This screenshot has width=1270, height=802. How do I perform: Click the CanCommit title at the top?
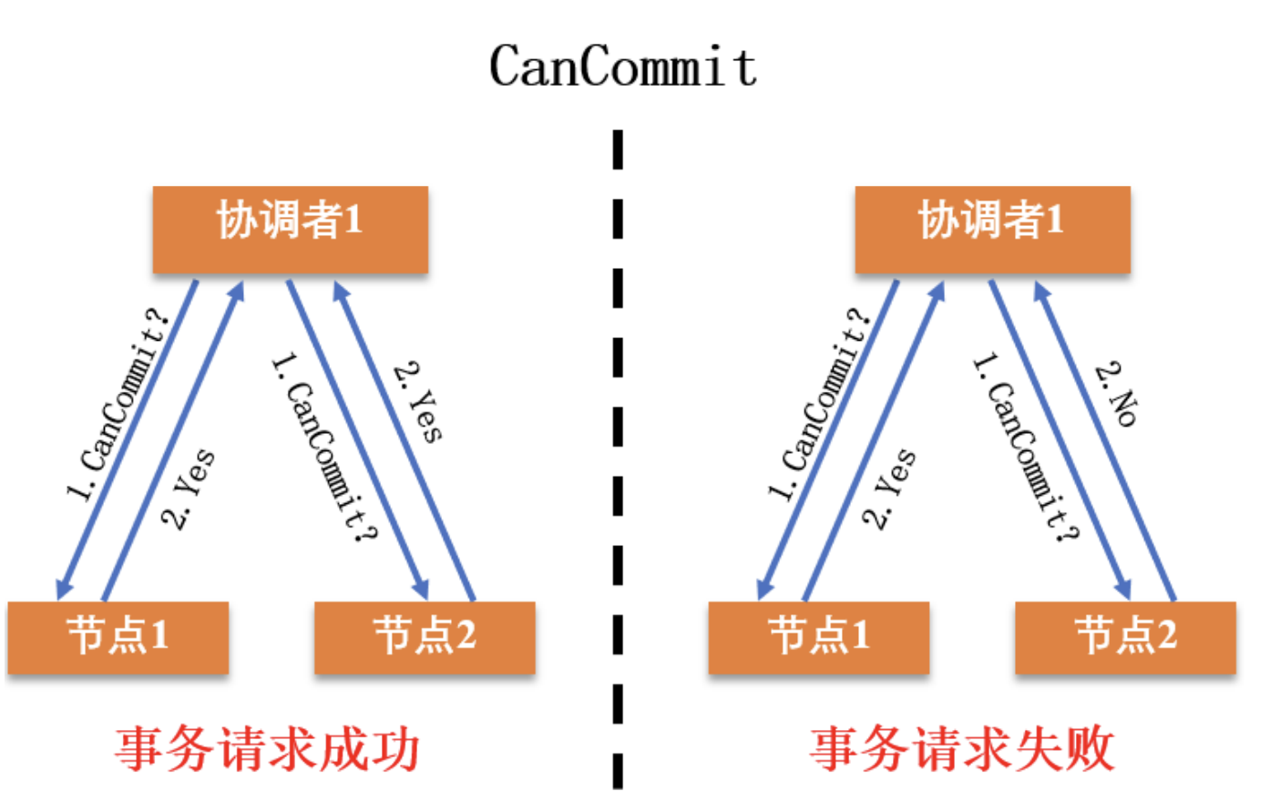[x=623, y=66]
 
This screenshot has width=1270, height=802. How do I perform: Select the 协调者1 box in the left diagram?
[x=290, y=229]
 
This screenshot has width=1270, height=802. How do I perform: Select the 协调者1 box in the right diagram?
[x=991, y=229]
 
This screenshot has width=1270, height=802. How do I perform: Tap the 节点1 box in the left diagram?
[x=118, y=637]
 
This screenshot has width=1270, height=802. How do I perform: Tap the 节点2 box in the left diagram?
[x=425, y=637]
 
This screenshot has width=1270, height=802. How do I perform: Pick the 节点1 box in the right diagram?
[x=818, y=637]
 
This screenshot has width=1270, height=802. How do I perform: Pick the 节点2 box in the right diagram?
[x=1125, y=637]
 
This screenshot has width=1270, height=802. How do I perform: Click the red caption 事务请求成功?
[x=268, y=749]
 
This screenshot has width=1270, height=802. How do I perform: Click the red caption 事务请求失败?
[x=962, y=749]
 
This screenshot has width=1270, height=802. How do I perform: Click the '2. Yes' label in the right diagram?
[x=889, y=488]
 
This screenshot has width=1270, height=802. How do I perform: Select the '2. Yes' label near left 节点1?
[x=189, y=488]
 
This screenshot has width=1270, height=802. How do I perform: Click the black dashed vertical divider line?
[x=618, y=456]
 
